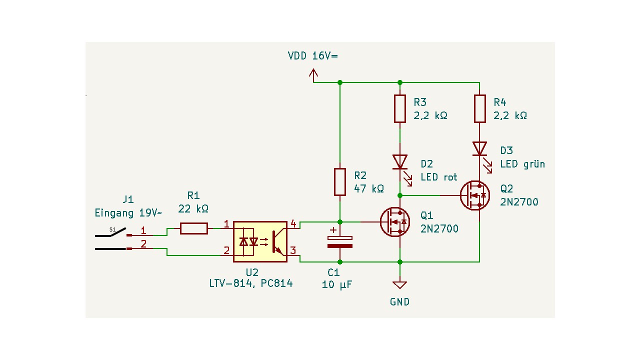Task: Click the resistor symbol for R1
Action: [x=193, y=228]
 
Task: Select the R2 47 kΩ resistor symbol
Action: [x=340, y=182]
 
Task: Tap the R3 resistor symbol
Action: [x=399, y=108]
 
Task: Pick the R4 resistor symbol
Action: [x=479, y=108]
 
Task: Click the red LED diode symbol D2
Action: [x=399, y=162]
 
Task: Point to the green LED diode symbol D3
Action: [x=479, y=148]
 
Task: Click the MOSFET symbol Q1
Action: [x=395, y=222]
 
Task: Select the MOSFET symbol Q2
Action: [x=475, y=195]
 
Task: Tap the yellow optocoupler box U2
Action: [x=260, y=241]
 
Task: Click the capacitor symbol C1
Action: [x=340, y=242]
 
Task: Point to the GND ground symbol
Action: [x=399, y=285]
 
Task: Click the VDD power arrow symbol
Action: [x=313, y=75]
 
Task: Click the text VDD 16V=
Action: [x=312, y=55]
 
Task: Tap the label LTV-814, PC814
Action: [x=250, y=283]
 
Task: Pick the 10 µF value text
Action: [x=337, y=284]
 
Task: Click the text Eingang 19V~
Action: [x=128, y=213]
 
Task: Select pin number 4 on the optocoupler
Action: [x=293, y=223]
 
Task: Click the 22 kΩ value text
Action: [x=193, y=208]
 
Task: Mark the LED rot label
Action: [x=439, y=177]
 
